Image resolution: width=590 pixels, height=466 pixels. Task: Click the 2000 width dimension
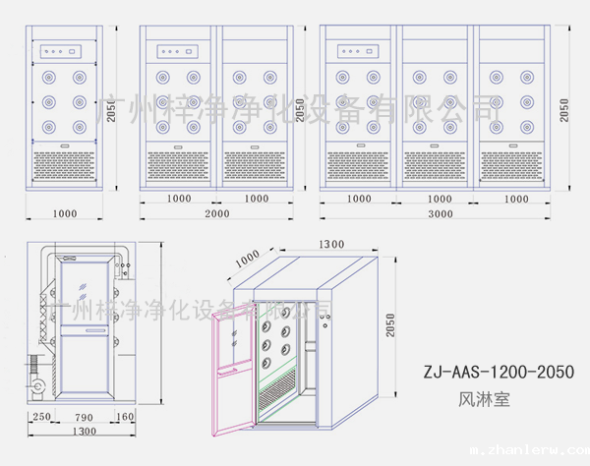216,213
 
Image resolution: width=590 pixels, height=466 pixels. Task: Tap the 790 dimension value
85,417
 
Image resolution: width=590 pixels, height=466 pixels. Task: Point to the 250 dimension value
41,417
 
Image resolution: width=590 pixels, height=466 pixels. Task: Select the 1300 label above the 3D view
331,244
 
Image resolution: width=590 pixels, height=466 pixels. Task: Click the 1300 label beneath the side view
84,432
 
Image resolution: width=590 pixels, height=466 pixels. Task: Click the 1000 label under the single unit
65,213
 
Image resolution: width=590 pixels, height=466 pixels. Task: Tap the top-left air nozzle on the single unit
49,76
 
